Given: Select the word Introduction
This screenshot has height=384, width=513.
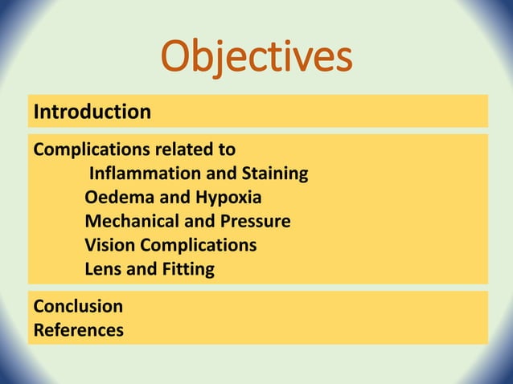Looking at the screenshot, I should coord(92,112).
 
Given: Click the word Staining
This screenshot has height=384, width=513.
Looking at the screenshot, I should coord(272,174).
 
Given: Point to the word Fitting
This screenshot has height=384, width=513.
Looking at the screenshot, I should coord(188,269).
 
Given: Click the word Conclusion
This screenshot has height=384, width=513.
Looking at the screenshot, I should coord(78,306).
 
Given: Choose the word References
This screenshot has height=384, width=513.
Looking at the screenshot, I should coord(79,329).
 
